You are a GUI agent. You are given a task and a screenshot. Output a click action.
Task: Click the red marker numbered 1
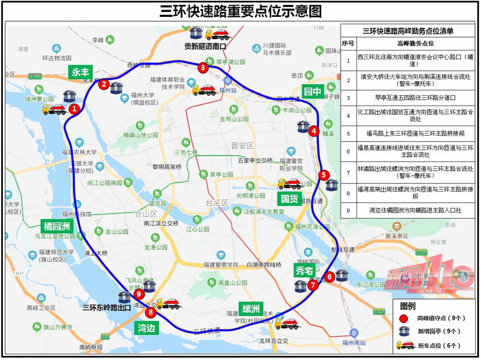tap(74, 109)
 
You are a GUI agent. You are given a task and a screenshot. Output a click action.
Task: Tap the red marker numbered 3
tap(203, 68)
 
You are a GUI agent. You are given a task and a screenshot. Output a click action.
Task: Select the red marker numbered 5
tap(324, 175)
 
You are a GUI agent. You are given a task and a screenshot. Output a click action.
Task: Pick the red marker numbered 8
tap(152, 313)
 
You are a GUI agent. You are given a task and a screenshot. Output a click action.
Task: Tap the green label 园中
tap(312, 92)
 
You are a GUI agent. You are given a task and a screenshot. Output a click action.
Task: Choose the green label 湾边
tap(147, 328)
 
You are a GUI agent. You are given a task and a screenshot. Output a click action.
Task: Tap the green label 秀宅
tap(304, 270)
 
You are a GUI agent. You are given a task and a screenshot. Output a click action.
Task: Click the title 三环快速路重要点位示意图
tap(240, 11)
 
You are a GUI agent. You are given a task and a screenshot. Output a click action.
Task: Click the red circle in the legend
tap(404, 318)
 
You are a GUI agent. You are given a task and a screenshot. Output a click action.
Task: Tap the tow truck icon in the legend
tap(405, 345)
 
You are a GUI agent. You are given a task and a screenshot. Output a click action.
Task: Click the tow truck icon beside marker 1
tap(54, 109)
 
